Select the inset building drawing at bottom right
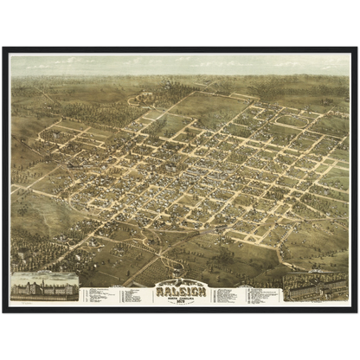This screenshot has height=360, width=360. point(317,289)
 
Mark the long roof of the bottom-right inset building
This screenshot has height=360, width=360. point(315,286)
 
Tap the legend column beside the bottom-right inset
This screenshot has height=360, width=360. point(265,295)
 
